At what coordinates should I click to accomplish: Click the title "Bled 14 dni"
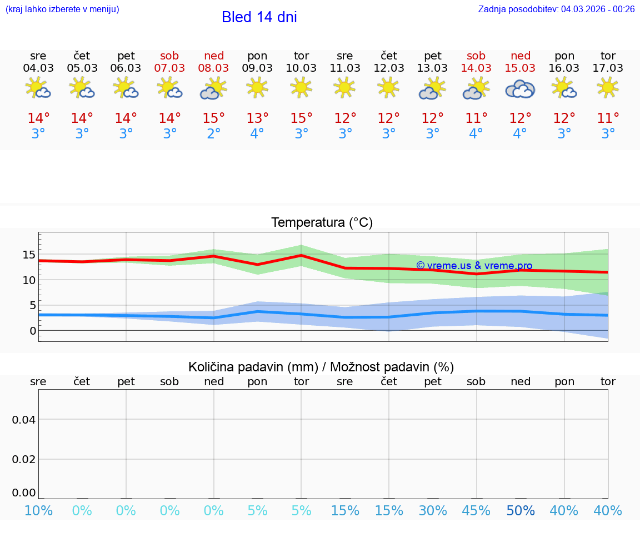pyautogui.click(x=259, y=17)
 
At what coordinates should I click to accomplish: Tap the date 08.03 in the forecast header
pyautogui.click(x=214, y=68)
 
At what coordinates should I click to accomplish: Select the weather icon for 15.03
pyautogui.click(x=520, y=89)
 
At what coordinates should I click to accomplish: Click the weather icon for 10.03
pyautogui.click(x=301, y=87)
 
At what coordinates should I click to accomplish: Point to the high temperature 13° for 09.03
pyautogui.click(x=257, y=118)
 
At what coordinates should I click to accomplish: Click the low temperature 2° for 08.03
pyautogui.click(x=214, y=134)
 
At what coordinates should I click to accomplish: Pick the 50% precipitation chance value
pyautogui.click(x=520, y=511)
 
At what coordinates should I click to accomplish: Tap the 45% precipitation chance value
pyautogui.click(x=476, y=511)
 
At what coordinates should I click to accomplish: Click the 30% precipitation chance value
pyautogui.click(x=433, y=511)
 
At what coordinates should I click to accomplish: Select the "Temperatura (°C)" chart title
pyautogui.click(x=322, y=222)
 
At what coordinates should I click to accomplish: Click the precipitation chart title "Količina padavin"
pyautogui.click(x=321, y=367)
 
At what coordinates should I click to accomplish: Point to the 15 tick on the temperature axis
pyautogui.click(x=28, y=255)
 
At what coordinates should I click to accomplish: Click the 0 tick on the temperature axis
pyautogui.click(x=33, y=331)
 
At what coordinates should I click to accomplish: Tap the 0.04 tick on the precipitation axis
pyautogui.click(x=24, y=420)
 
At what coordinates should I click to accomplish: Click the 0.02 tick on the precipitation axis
pyautogui.click(x=24, y=459)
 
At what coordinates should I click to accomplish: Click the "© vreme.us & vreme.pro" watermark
pyautogui.click(x=474, y=266)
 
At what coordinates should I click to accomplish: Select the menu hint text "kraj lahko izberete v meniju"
pyautogui.click(x=62, y=9)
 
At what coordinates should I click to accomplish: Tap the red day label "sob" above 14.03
pyautogui.click(x=476, y=56)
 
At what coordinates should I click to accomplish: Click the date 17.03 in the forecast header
pyautogui.click(x=608, y=68)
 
